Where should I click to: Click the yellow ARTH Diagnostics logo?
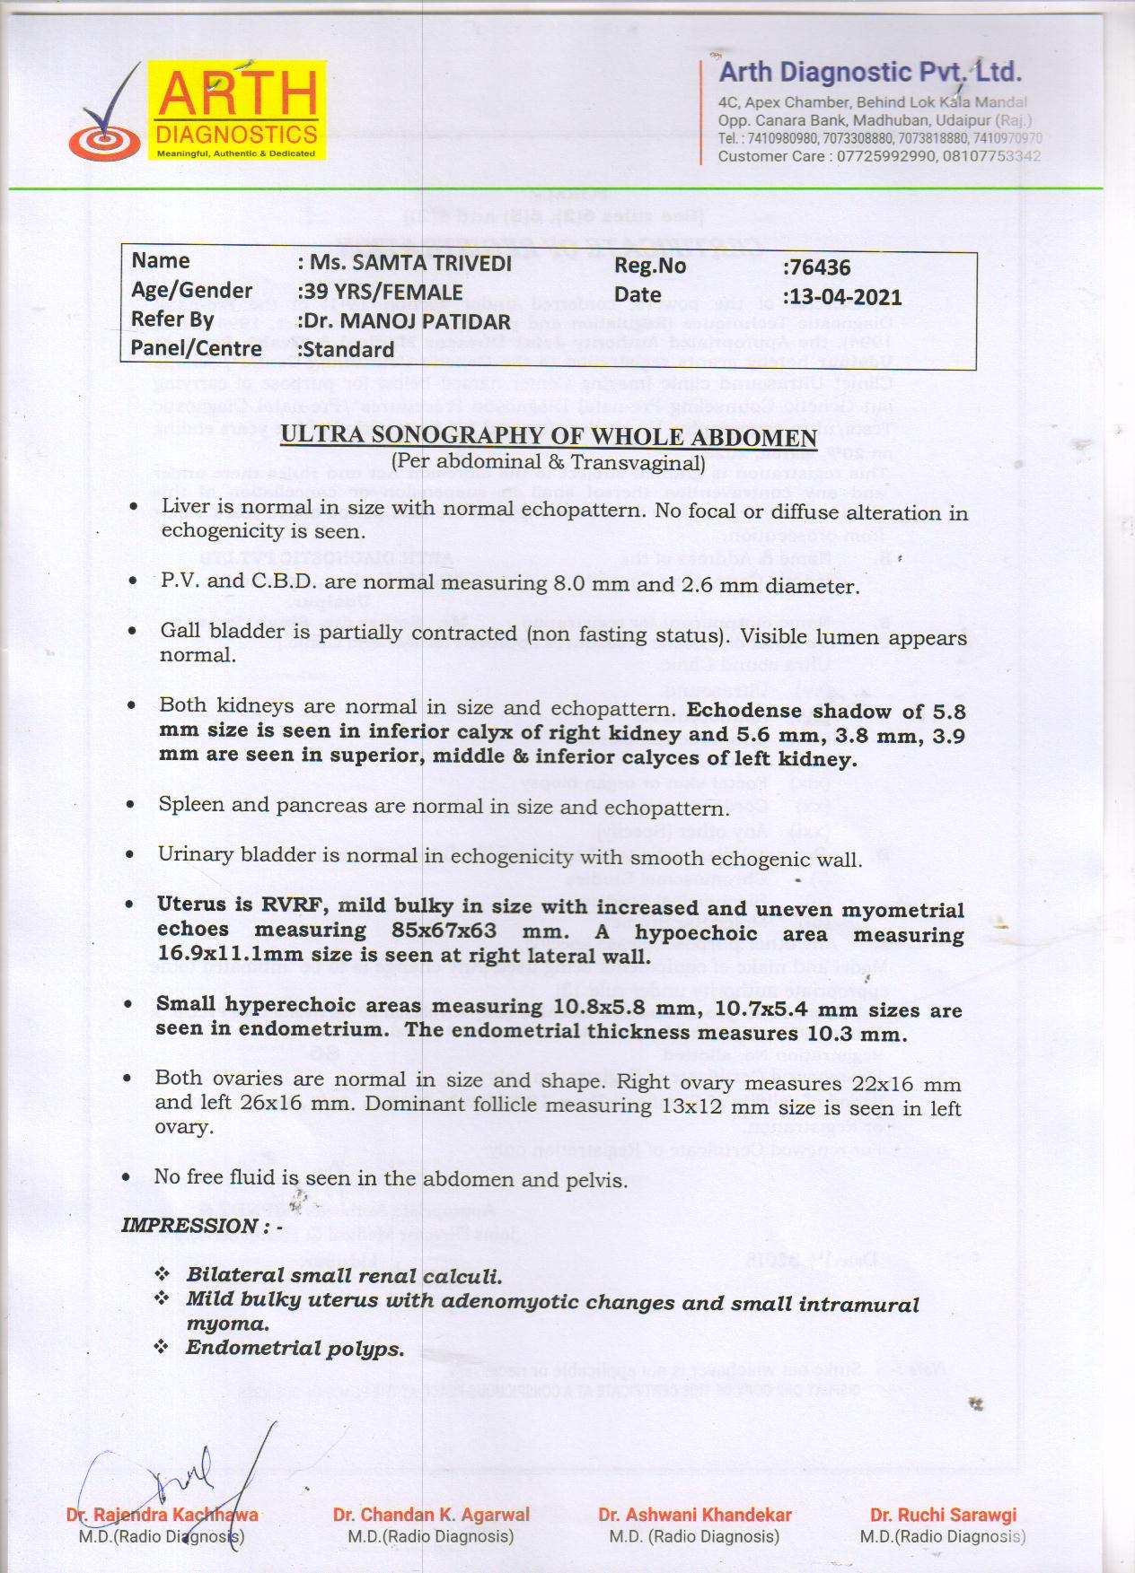[237, 109]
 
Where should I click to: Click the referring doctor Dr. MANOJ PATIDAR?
[407, 321]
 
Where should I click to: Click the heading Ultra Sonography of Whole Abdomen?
[549, 437]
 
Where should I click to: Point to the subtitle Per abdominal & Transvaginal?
[549, 462]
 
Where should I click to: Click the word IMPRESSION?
[190, 1226]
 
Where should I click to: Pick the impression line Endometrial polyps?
[295, 1348]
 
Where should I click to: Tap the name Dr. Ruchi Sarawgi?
[943, 1515]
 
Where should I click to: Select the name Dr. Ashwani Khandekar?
[695, 1515]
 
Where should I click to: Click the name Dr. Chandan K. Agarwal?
[431, 1515]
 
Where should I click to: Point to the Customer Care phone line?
[879, 156]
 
